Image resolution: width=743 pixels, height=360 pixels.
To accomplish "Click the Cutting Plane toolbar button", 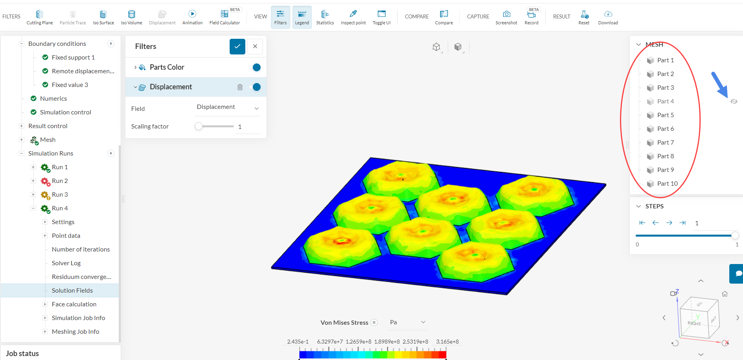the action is pos(40,17).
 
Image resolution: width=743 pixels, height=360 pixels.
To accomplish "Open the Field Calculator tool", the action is pos(225,17).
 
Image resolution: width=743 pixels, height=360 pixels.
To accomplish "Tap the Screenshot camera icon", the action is pos(506,14).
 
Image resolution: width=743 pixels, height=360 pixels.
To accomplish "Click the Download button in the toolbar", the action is pos(608,17).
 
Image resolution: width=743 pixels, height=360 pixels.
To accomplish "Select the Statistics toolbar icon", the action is pos(325,17).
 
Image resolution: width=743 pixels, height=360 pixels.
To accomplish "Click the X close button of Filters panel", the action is pos(255,46).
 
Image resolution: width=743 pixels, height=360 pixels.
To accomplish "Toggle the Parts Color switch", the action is pos(255,67).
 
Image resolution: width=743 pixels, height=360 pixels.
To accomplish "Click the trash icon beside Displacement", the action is pos(240,87).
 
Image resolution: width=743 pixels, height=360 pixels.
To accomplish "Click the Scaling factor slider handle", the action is pos(199,126).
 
